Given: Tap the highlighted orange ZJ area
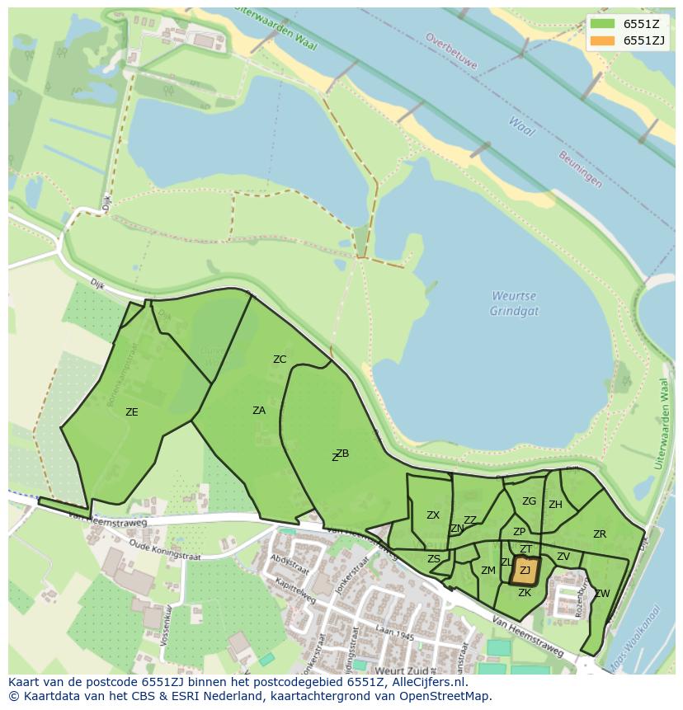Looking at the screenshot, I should (x=525, y=570).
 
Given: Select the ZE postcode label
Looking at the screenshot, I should (x=131, y=411).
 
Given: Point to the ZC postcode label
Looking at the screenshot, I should (x=280, y=359).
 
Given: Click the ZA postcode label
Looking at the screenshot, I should (x=259, y=410).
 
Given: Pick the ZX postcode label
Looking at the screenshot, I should (x=433, y=515).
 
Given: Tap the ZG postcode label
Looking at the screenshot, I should (x=529, y=501).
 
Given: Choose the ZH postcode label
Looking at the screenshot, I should (x=555, y=504).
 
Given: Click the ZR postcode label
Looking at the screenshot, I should (x=600, y=534).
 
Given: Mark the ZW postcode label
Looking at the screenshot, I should (x=602, y=593).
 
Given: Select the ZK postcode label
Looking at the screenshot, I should (x=525, y=592).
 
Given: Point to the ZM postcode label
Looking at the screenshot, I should (x=488, y=570).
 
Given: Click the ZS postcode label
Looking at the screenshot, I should (x=434, y=558).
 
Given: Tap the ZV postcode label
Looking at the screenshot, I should (x=563, y=557).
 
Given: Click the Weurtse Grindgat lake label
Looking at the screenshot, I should (x=515, y=303).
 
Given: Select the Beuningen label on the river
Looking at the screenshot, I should (x=580, y=170).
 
